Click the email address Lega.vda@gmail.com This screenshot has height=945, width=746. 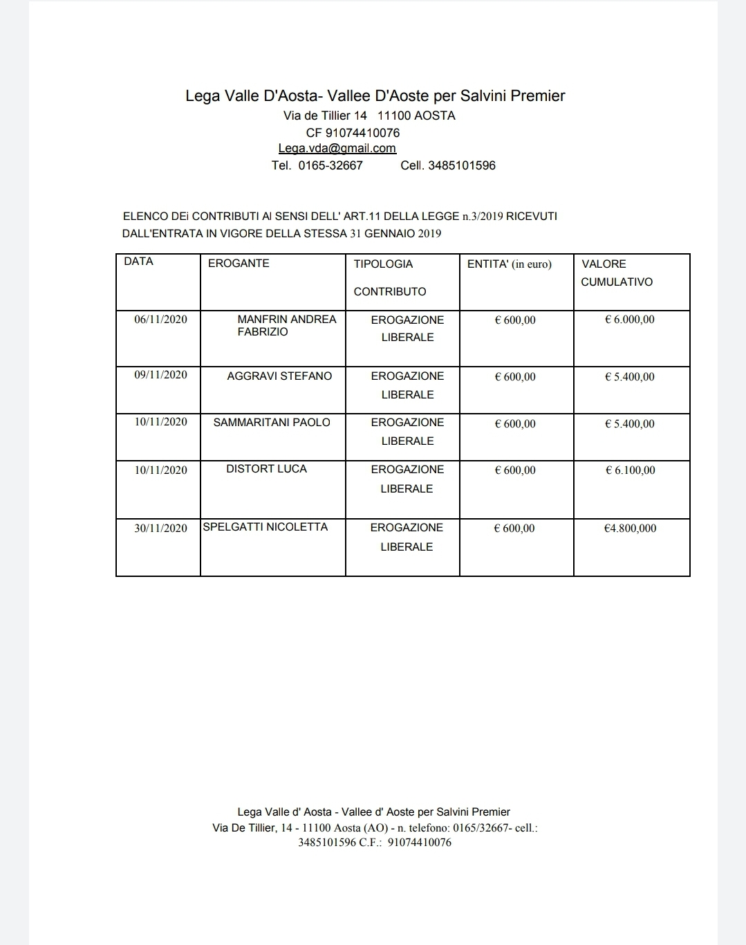pyautogui.click(x=337, y=148)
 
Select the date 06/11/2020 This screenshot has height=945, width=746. pyautogui.click(x=160, y=319)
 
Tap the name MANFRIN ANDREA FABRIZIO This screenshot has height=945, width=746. pyautogui.click(x=286, y=325)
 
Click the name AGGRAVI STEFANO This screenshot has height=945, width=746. pyautogui.click(x=279, y=376)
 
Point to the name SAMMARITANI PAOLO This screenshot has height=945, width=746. pyautogui.click(x=272, y=422)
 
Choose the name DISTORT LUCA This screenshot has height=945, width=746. pyautogui.click(x=266, y=468)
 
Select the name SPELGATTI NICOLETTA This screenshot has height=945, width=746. pyautogui.click(x=265, y=526)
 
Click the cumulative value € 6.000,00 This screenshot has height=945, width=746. pyautogui.click(x=629, y=319)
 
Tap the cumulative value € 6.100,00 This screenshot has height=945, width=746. pyautogui.click(x=630, y=470)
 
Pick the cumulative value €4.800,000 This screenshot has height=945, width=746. pyautogui.click(x=630, y=528)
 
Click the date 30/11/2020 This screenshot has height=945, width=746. pyautogui.click(x=160, y=528)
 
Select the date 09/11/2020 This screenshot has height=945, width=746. pyautogui.click(x=160, y=374)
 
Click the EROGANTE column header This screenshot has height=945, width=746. pyautogui.click(x=239, y=263)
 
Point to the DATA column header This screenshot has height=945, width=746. pyautogui.click(x=138, y=261)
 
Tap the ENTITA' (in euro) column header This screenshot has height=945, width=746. pyautogui.click(x=509, y=264)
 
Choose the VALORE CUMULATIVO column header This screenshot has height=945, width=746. pyautogui.click(x=617, y=273)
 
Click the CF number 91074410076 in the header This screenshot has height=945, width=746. pyautogui.click(x=362, y=132)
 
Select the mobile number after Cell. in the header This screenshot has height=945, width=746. pyautogui.click(x=461, y=165)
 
